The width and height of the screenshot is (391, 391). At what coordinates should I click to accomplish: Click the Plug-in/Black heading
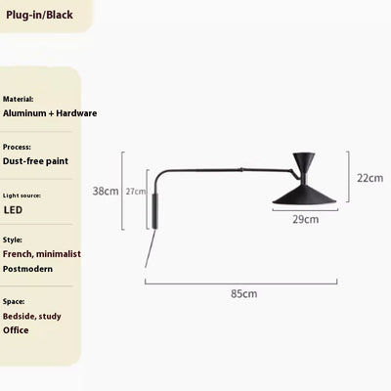tap(39, 15)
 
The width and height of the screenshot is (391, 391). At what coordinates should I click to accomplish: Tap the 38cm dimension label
tap(106, 191)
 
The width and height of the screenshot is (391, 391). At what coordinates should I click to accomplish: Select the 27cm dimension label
tap(136, 192)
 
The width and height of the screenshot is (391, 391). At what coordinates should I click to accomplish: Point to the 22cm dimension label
tap(369, 178)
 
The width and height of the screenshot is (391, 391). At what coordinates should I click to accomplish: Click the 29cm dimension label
tap(305, 219)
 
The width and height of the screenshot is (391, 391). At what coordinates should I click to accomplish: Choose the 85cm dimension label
tap(244, 293)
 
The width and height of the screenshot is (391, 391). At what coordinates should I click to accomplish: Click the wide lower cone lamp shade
tap(305, 195)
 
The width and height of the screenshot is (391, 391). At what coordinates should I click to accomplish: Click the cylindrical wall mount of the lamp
tap(155, 211)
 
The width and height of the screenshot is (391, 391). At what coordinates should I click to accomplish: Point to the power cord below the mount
tap(150, 248)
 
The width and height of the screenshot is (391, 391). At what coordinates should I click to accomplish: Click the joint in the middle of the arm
tap(241, 169)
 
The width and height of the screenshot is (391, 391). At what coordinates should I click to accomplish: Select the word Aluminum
tap(24, 113)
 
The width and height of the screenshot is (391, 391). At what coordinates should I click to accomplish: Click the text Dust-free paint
tap(35, 161)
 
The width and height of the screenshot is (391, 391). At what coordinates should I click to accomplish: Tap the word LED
tap(13, 210)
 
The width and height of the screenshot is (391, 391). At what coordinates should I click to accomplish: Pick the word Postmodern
tap(27, 269)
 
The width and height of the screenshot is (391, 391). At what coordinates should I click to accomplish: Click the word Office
tap(16, 330)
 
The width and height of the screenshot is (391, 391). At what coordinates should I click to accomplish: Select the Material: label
tap(18, 99)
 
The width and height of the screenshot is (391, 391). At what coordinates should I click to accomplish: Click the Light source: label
tap(22, 195)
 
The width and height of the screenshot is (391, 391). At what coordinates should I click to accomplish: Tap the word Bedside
tap(20, 316)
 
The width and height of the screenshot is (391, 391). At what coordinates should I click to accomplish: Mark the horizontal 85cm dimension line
tap(241, 283)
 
